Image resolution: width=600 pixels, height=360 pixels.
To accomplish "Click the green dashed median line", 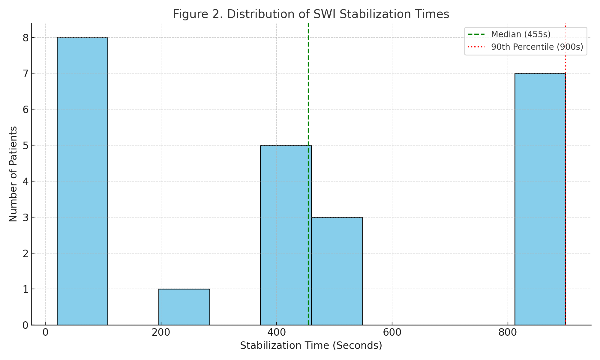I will (308, 90).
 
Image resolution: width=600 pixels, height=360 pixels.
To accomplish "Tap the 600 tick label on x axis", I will (392, 333).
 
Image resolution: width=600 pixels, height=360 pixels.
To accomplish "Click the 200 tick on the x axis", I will (161, 333).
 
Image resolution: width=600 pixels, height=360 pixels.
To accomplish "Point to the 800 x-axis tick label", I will (508, 333).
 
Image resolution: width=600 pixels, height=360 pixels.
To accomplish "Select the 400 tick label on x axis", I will (276, 333).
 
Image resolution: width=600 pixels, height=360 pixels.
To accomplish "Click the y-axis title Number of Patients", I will (13, 174).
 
